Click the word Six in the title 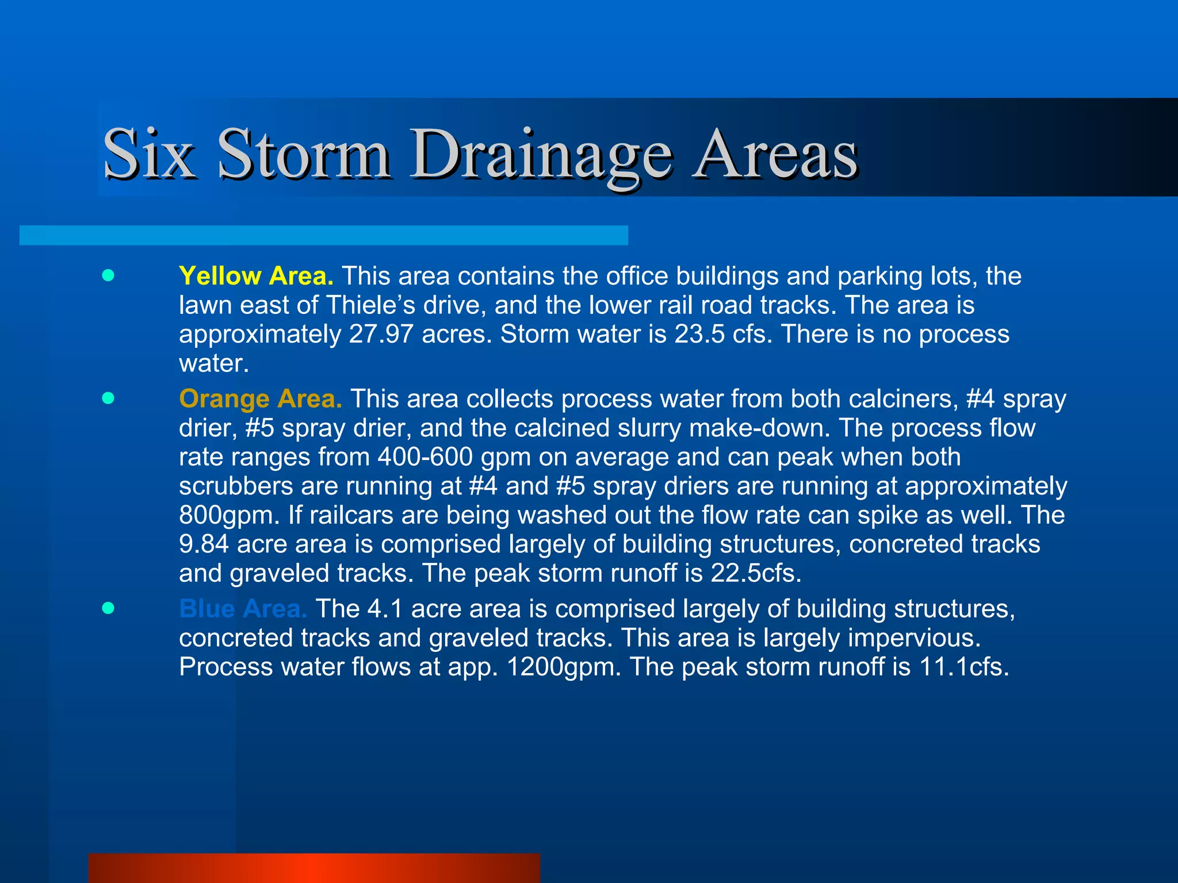point(149,154)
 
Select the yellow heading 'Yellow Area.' point(256,276)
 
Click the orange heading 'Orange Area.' point(261,399)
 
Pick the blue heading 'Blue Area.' point(243,609)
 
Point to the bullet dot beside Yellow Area point(108,275)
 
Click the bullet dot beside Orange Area point(108,398)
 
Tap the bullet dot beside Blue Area point(108,608)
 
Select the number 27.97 point(381,335)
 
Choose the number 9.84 point(204,544)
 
